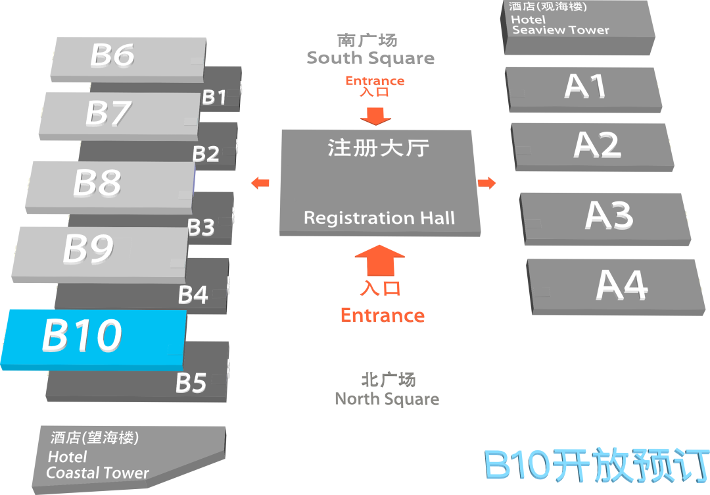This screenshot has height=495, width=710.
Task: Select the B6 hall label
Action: pos(112,55)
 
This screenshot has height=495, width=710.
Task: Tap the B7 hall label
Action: pos(108,113)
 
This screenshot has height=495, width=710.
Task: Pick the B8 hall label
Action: pos(97,183)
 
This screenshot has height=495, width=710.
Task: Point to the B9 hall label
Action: pos(88,249)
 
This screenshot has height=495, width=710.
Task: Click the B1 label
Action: pos(214,97)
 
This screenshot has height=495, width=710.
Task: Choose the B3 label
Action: pos(201,228)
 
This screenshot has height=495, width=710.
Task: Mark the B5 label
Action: pos(191,382)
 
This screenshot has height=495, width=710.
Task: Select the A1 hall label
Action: pos(585,86)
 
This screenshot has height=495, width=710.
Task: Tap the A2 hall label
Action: pos(597,145)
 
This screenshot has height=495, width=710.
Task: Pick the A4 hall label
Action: pos(621,285)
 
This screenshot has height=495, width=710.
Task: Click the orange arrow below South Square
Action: pos(375,117)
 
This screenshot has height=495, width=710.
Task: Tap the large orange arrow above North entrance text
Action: pos(379,260)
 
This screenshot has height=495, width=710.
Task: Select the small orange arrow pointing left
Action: pos(261,183)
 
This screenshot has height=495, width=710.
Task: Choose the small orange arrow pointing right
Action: pos(486,183)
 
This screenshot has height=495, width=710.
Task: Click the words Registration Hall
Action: pos(379,218)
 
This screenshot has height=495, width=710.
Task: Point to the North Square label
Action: pos(387,398)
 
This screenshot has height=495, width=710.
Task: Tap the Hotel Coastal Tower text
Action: pos(97,465)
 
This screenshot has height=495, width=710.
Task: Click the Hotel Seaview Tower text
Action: pos(560,25)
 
